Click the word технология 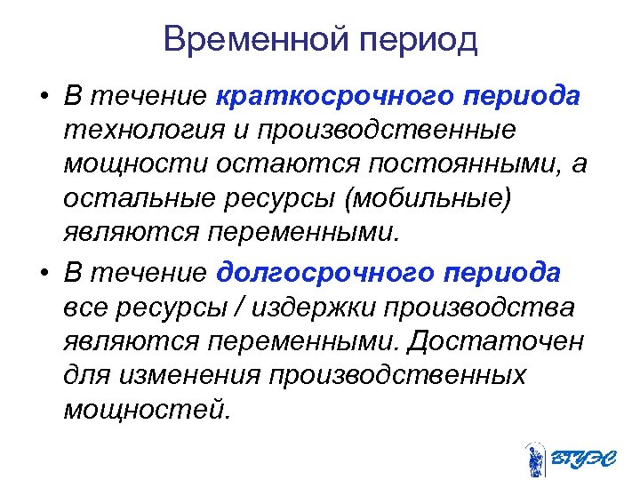(x=142, y=131)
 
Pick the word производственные (x=388, y=131)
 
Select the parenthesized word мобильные (x=428, y=199)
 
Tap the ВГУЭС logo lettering (x=582, y=458)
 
